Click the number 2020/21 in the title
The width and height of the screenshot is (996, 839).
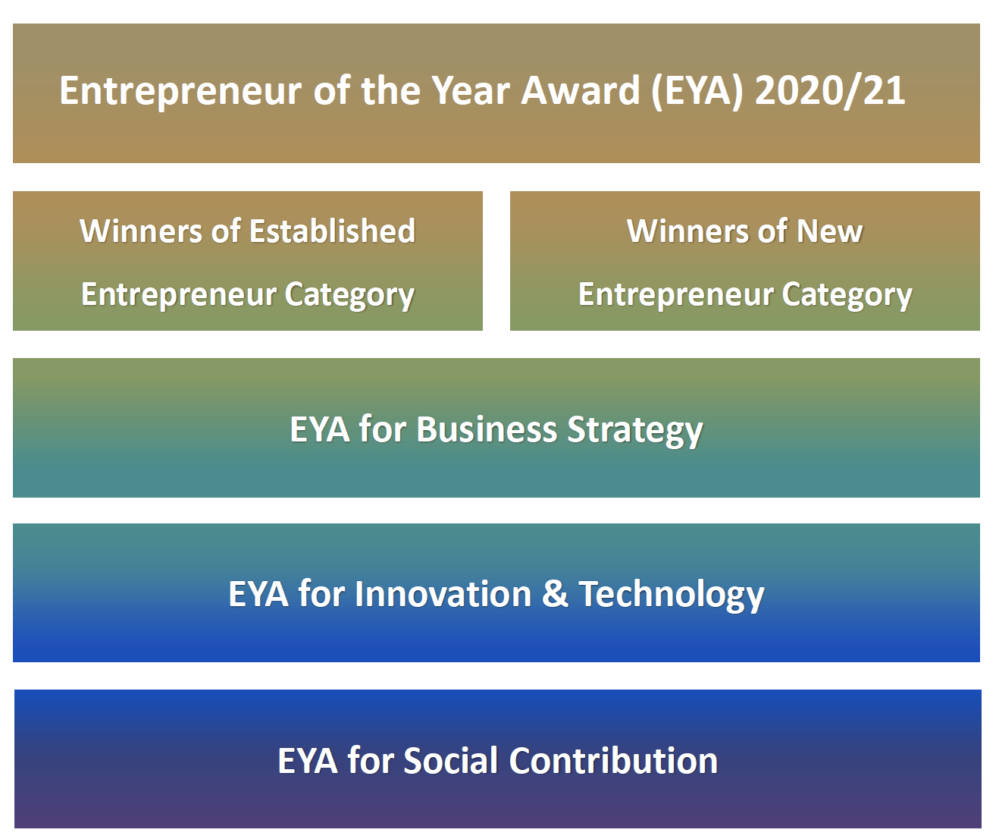[830, 91]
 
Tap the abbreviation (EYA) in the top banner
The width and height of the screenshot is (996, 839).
[697, 92]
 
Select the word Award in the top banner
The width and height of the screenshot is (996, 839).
[581, 91]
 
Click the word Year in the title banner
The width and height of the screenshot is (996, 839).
[470, 91]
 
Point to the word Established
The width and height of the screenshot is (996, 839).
[333, 231]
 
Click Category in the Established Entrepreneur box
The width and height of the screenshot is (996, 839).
[349, 296]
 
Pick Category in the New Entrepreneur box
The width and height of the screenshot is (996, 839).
[847, 296]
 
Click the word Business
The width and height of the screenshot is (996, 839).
[487, 429]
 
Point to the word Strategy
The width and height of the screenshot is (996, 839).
[635, 431]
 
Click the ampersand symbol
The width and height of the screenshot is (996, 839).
[556, 594]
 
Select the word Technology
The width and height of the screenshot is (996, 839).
[672, 595]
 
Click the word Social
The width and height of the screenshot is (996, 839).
[451, 761]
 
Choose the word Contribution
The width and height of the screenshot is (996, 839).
[613, 761]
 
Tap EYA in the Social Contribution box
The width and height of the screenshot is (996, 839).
[308, 761]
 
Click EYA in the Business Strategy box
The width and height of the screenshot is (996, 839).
[320, 429]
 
